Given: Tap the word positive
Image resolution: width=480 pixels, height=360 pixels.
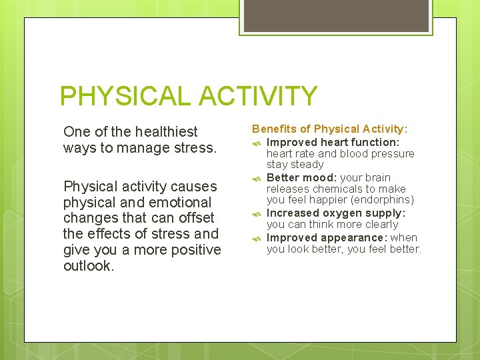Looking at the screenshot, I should pos(193,250).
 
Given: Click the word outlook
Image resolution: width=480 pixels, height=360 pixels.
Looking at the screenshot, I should pos(88,266).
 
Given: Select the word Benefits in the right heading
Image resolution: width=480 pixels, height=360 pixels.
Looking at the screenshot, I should pos(273,129).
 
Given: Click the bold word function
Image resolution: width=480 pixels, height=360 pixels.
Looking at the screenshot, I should pos(375,142).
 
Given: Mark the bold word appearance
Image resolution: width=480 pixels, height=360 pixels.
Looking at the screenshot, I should pos(354,237).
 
